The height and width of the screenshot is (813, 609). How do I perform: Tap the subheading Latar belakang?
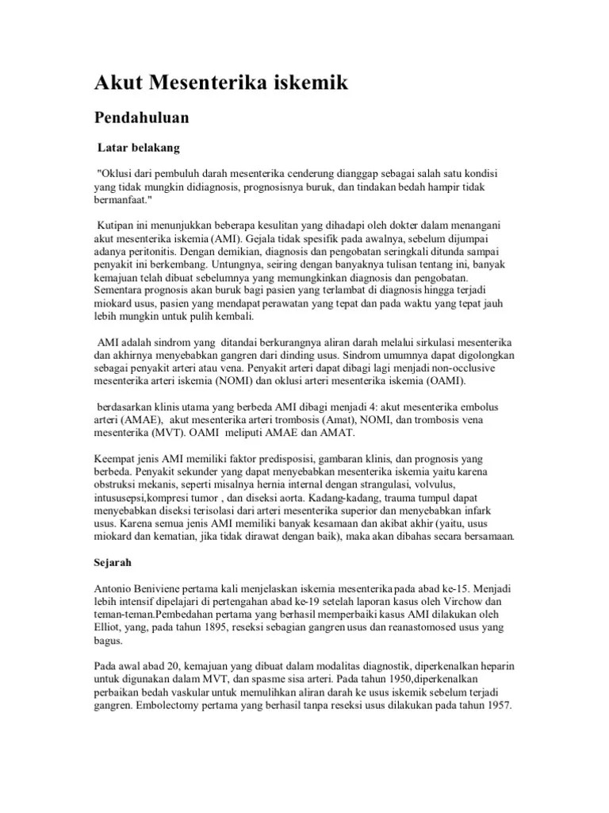[139, 148]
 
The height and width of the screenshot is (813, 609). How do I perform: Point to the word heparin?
[501, 665]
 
